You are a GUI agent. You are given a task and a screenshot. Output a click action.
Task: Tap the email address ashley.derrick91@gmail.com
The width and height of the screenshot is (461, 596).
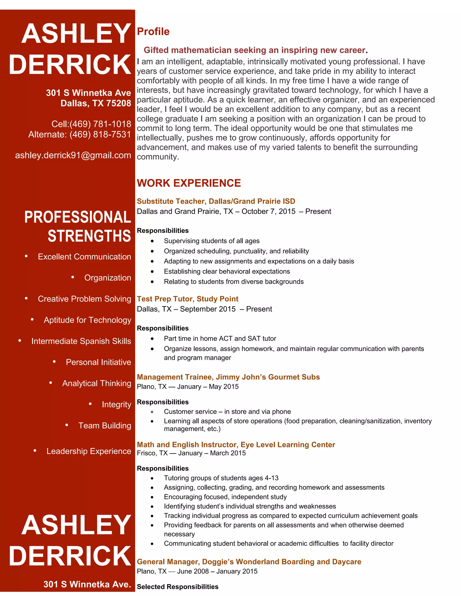(x=73, y=155)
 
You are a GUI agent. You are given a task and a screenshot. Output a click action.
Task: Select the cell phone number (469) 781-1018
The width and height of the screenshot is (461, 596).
(x=100, y=124)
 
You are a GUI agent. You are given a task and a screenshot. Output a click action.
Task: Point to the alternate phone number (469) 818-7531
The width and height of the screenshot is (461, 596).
(x=100, y=134)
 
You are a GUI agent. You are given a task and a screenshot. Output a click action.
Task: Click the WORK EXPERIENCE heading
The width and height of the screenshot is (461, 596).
(x=189, y=183)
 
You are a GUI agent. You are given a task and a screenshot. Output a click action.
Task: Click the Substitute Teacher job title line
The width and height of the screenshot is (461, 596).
(x=216, y=201)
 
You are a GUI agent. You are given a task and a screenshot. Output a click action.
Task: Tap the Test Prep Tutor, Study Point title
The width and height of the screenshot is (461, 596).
(x=187, y=299)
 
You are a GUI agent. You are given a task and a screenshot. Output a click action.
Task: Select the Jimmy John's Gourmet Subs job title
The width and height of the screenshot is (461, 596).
(x=228, y=377)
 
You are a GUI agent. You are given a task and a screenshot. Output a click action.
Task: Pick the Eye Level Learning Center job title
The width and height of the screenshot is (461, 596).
(x=236, y=445)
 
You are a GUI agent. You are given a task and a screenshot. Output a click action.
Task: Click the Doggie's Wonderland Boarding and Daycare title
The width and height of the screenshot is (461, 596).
(x=249, y=562)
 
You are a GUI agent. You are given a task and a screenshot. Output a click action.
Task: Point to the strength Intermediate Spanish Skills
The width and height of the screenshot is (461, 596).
(x=81, y=341)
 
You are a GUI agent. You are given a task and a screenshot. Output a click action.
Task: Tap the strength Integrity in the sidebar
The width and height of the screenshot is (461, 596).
(x=116, y=404)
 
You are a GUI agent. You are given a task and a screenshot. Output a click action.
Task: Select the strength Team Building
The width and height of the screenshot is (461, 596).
(x=105, y=426)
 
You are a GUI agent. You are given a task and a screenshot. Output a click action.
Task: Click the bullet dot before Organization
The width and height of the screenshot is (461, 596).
(x=73, y=277)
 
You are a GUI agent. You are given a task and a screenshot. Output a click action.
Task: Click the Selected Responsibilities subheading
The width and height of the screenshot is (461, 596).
(x=178, y=587)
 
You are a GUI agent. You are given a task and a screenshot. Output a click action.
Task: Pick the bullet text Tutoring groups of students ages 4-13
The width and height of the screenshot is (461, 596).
(x=221, y=478)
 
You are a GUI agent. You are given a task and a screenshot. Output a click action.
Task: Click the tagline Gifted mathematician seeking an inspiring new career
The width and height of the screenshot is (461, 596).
(x=254, y=50)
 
